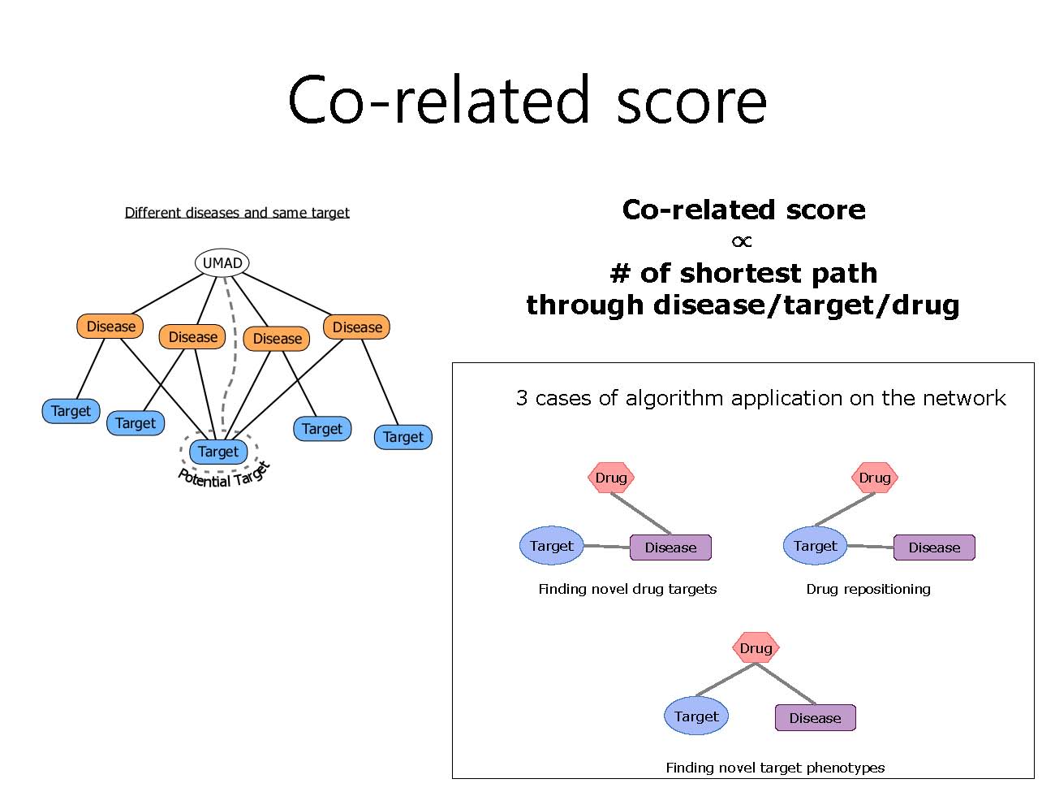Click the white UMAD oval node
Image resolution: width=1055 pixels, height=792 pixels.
[222, 262]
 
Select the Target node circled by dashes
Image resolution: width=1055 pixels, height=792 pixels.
[217, 451]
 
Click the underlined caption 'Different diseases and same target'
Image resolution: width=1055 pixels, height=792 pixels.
[237, 213]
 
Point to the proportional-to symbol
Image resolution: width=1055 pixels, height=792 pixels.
[742, 241]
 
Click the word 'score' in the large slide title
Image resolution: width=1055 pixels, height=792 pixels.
[691, 101]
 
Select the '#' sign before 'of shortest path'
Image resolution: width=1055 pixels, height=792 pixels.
[620, 273]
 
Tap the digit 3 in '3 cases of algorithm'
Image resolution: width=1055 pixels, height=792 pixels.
[522, 398]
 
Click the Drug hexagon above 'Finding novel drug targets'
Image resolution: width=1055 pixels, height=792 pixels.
[611, 478]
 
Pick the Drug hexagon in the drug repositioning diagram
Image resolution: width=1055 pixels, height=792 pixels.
[874, 478]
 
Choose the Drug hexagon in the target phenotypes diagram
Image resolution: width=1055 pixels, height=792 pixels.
[756, 647]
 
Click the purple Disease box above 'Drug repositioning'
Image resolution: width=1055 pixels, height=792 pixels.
[934, 547]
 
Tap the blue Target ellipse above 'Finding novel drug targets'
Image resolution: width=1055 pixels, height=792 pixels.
[551, 545]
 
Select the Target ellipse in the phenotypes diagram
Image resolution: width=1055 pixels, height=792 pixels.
[696, 716]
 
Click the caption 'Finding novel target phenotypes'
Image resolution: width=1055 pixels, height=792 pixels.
[775, 768]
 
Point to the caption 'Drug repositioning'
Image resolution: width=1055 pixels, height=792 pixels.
[868, 589]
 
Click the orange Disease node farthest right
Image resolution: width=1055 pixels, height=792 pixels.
[356, 327]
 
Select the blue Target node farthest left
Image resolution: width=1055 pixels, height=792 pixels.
[71, 411]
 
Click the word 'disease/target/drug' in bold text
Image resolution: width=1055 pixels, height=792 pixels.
[806, 306]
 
